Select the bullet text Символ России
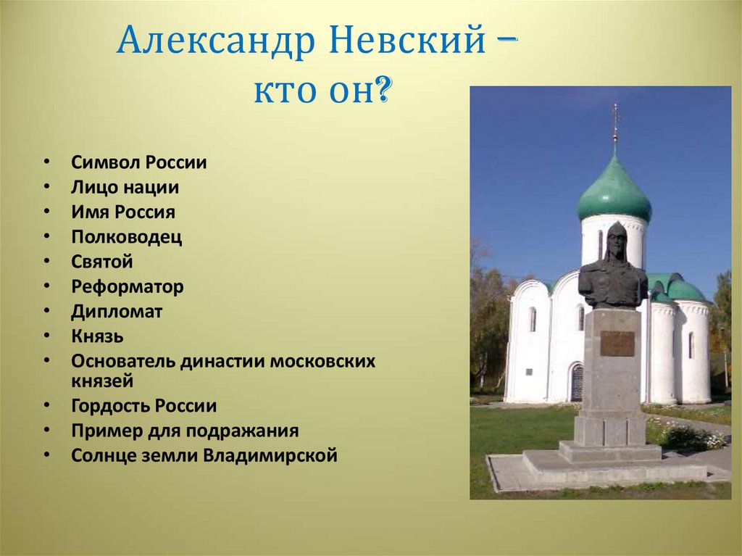pyautogui.click(x=139, y=163)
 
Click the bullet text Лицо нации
pyautogui.click(x=125, y=188)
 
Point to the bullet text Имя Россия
pyautogui.click(x=123, y=212)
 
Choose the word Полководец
pyautogui.click(x=127, y=237)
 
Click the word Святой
pyautogui.click(x=102, y=262)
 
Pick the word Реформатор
pyautogui.click(x=128, y=286)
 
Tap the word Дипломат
pyautogui.click(x=117, y=312)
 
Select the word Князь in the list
pyautogui.click(x=97, y=336)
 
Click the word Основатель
pyautogui.click(x=123, y=361)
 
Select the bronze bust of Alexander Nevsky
pyautogui.click(x=613, y=268)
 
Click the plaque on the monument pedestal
pyautogui.click(x=617, y=344)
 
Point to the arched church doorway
pyautogui.click(x=577, y=382)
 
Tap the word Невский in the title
pyautogui.click(x=407, y=42)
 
